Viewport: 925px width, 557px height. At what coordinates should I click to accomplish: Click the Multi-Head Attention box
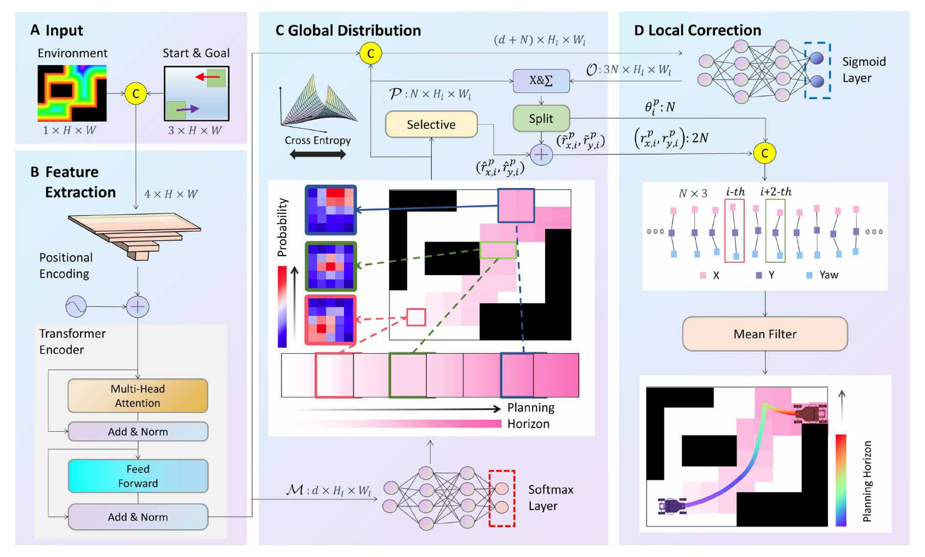tap(138, 395)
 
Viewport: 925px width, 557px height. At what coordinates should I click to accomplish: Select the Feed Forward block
tap(138, 476)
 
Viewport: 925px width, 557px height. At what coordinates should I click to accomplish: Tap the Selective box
tap(431, 125)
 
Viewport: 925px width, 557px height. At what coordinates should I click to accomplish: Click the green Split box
tap(541, 119)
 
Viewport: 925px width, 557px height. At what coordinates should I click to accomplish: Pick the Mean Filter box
tap(764, 334)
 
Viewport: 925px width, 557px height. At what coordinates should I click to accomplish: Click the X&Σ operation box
tap(541, 80)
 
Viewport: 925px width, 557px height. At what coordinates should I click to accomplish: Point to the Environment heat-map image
tap(72, 93)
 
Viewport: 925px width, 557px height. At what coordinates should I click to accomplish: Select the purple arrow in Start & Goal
tap(187, 109)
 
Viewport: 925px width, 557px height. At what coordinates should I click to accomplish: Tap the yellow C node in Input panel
tap(136, 93)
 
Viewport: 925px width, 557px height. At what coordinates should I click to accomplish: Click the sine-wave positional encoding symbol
tap(76, 306)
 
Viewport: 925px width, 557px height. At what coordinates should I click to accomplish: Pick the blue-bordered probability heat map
tap(330, 210)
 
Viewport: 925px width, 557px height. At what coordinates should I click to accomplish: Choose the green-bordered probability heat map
tap(330, 266)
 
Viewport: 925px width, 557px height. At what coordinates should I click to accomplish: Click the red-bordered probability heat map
tap(330, 320)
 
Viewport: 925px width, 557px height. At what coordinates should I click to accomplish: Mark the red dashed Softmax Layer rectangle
tap(502, 498)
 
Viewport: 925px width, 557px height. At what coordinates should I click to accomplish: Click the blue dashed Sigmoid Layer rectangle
tap(817, 70)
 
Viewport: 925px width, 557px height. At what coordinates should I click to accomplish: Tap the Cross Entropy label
tap(318, 140)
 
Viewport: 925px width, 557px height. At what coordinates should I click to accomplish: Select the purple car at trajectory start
tap(671, 505)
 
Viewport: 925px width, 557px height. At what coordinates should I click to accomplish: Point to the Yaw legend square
tap(809, 275)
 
